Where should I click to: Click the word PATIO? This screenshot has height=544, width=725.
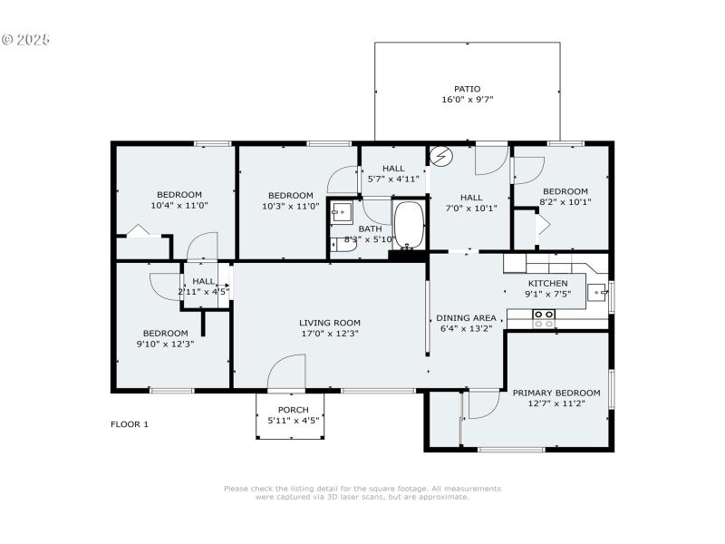[x=468, y=89]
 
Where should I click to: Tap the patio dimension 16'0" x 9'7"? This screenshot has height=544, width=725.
[x=468, y=100]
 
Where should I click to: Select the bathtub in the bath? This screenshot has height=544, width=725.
[x=409, y=224]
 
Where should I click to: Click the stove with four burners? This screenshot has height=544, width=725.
[x=544, y=318]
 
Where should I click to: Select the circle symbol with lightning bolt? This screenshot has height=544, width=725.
[x=440, y=156]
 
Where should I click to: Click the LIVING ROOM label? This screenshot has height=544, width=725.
[x=330, y=323]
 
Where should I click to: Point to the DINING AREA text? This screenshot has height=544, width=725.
[x=467, y=318]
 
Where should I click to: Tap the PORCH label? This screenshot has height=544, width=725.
[x=286, y=409]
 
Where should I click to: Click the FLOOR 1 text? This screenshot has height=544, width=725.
[x=130, y=424]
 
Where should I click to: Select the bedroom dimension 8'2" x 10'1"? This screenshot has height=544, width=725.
[x=565, y=202]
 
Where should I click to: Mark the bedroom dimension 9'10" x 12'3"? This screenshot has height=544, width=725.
[x=165, y=344]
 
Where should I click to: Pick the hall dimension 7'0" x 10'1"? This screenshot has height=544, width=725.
[x=470, y=209]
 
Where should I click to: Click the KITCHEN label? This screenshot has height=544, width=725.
[x=547, y=283]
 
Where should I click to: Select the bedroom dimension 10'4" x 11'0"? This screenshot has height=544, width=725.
[x=179, y=206]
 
